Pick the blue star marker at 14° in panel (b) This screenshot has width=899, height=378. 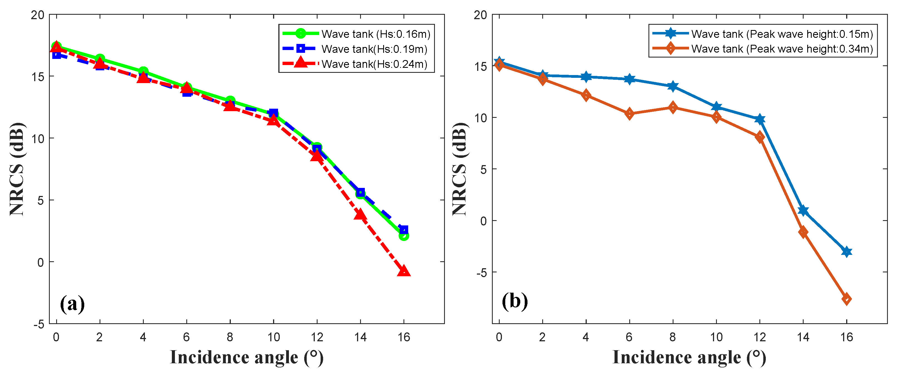(803, 210)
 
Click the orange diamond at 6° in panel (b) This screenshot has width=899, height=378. (629, 114)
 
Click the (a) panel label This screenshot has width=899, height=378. (72, 304)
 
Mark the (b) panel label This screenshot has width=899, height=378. (514, 301)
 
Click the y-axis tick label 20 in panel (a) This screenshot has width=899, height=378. (38, 15)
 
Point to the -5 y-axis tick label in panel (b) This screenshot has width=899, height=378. (481, 273)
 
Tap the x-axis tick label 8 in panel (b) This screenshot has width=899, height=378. (672, 337)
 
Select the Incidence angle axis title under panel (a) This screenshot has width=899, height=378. (246, 358)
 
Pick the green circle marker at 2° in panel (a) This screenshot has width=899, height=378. (100, 59)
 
